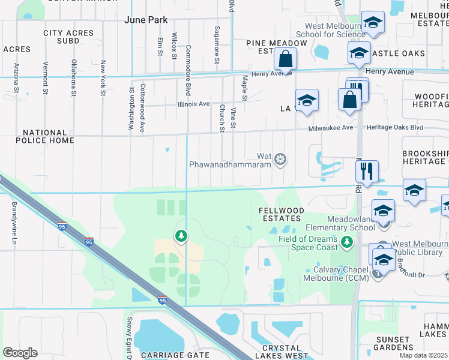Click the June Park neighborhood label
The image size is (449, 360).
[146, 20]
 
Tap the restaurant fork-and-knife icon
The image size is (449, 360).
[366, 170]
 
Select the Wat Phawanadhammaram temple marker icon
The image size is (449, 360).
[280, 160]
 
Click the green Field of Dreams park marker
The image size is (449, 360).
[346, 242]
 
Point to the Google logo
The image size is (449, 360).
[20, 353]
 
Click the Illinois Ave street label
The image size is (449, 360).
[194, 104]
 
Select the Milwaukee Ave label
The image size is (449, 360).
[327, 128]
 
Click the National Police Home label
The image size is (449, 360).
[45, 136]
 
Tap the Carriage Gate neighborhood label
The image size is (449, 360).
[167, 355]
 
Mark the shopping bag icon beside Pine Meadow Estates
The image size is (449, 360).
[286, 59]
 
